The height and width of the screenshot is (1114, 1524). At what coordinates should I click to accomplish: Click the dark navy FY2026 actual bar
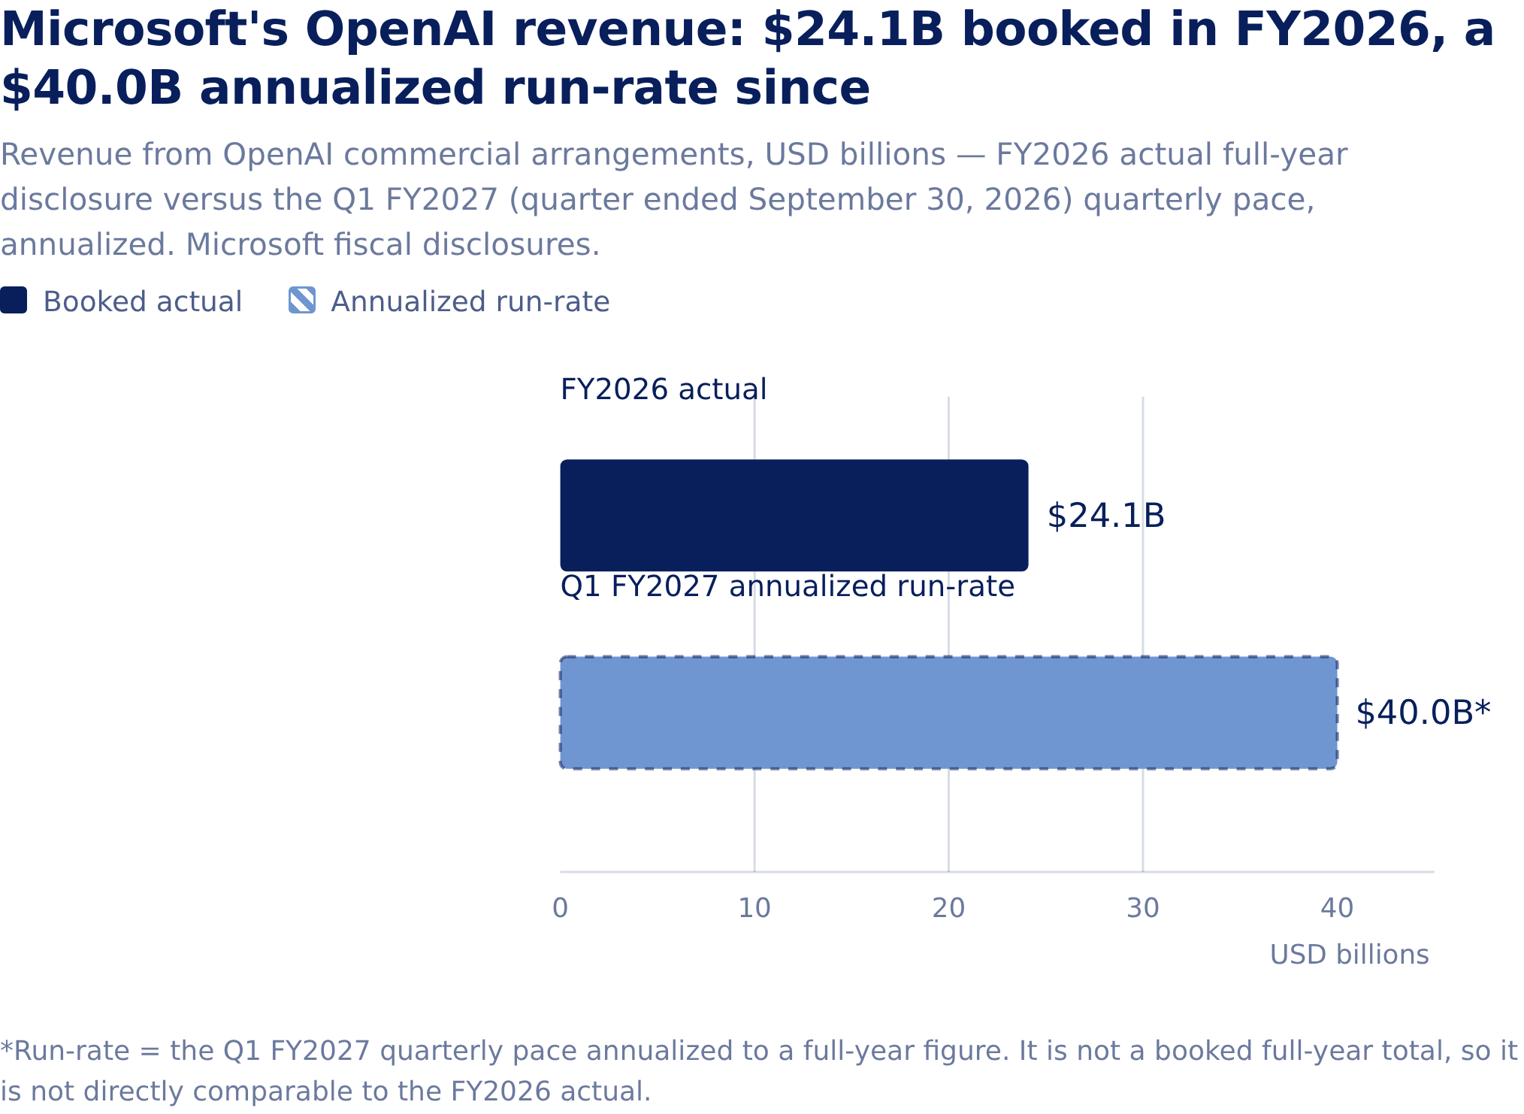tap(794, 515)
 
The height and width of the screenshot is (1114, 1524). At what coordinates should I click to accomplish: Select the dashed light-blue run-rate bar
tap(948, 713)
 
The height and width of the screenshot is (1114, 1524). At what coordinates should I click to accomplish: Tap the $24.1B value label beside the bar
tap(1105, 516)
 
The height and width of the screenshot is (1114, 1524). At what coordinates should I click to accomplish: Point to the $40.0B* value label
tap(1423, 713)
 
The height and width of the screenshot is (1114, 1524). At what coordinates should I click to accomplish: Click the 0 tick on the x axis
tap(560, 908)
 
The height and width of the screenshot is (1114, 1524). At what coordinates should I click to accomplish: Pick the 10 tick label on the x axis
tap(754, 908)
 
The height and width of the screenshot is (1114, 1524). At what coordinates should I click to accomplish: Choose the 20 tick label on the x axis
tap(948, 908)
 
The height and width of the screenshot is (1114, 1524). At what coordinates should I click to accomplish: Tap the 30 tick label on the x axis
tap(1143, 908)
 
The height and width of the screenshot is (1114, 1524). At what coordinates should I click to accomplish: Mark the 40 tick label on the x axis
tap(1338, 908)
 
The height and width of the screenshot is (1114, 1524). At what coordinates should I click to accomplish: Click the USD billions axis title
tap(1350, 955)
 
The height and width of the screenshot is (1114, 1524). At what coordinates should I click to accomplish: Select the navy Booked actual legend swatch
tap(14, 300)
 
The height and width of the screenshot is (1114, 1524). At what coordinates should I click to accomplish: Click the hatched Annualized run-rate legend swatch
tap(302, 300)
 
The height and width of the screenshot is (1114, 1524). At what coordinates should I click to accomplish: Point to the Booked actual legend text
tap(143, 301)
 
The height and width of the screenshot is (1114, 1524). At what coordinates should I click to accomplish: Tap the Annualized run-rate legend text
tap(470, 301)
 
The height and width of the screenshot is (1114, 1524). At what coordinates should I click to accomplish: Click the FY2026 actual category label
tap(664, 389)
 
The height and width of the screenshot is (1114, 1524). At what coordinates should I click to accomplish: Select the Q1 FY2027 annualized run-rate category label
tap(788, 586)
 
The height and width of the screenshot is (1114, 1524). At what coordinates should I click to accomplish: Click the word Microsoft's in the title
tap(144, 30)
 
